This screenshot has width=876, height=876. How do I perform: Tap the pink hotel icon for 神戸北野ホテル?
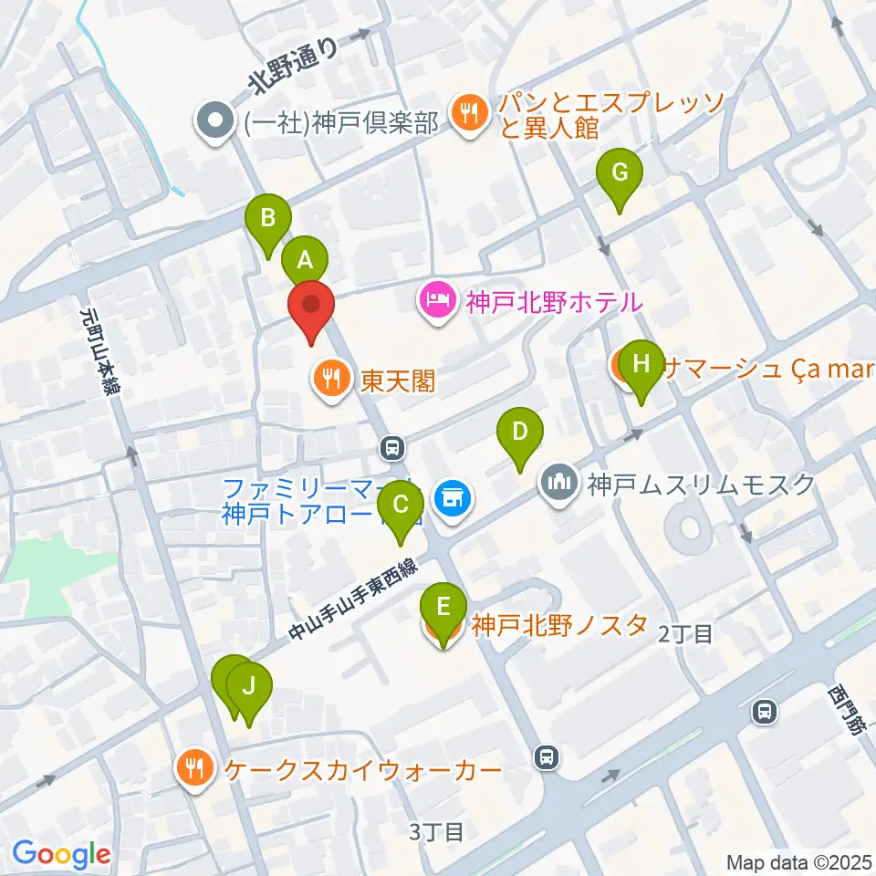[437, 300]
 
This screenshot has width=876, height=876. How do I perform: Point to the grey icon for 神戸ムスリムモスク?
[559, 483]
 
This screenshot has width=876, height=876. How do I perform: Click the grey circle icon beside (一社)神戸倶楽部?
[216, 121]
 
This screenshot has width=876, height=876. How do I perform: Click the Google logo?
[61, 854]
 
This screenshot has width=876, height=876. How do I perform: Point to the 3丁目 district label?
[437, 831]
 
